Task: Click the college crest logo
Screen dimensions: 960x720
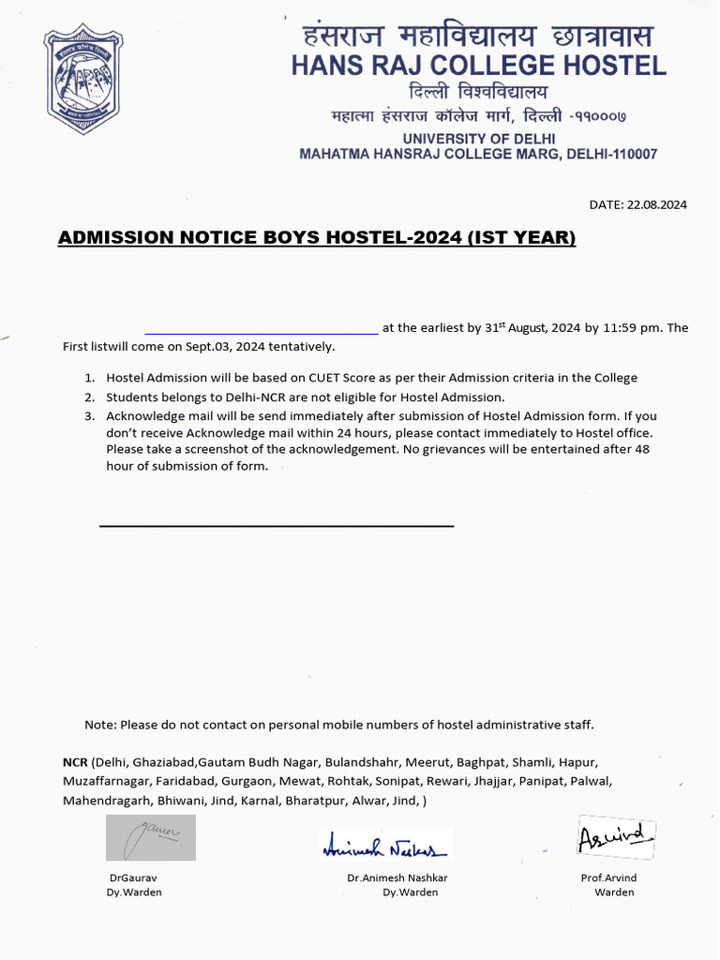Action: pyautogui.click(x=82, y=81)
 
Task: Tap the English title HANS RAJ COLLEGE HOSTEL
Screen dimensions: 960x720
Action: pyautogui.click(x=478, y=66)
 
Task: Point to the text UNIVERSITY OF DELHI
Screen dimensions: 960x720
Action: pyautogui.click(x=477, y=138)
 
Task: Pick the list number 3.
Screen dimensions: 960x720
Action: pyautogui.click(x=89, y=415)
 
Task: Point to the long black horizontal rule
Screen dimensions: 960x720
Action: pyautogui.click(x=277, y=526)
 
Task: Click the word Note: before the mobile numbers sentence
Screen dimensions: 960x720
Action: pyautogui.click(x=100, y=725)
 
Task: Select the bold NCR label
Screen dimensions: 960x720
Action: pyautogui.click(x=75, y=762)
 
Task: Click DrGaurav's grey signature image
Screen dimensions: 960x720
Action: pyautogui.click(x=150, y=837)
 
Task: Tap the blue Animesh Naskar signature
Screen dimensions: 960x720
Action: pyautogui.click(x=385, y=847)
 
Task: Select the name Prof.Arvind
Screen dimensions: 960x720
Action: pyautogui.click(x=608, y=877)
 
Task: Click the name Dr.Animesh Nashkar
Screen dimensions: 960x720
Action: pyautogui.click(x=397, y=877)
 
